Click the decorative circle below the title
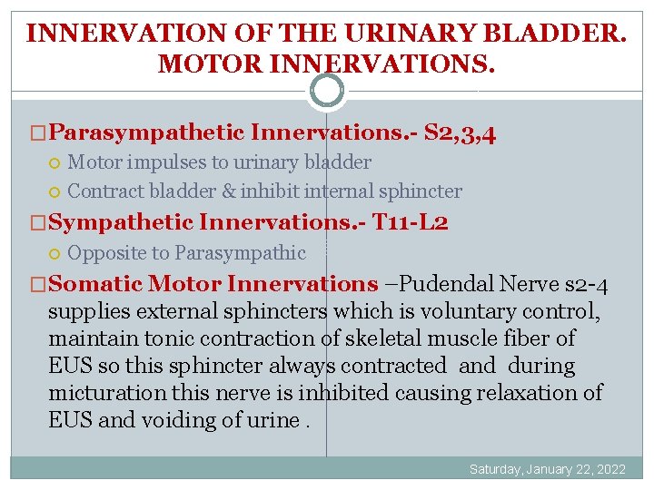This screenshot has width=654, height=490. click(327, 90)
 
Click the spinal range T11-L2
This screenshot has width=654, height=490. click(411, 222)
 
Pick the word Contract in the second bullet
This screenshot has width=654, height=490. click(102, 191)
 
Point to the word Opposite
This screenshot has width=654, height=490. click(104, 252)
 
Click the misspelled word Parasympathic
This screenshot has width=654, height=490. click(240, 252)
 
